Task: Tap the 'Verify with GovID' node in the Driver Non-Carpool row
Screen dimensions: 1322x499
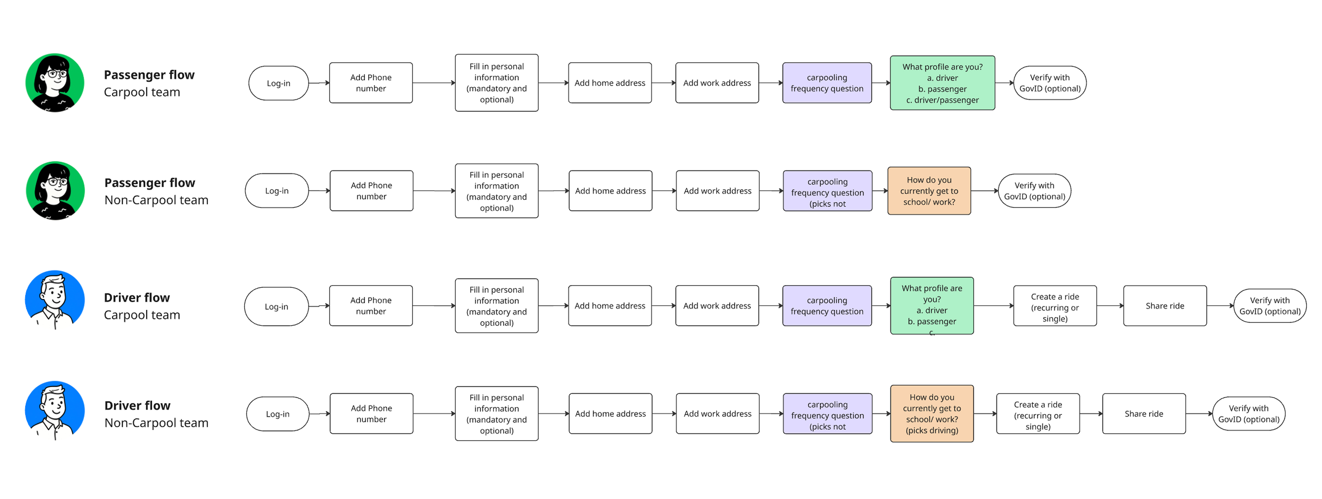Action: coord(1249,414)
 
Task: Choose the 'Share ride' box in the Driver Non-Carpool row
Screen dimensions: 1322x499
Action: coord(1144,414)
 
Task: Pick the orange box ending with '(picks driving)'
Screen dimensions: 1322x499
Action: coord(932,414)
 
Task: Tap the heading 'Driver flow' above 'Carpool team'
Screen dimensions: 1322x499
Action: coord(137,298)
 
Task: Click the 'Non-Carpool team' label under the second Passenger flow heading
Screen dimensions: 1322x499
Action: coord(157,200)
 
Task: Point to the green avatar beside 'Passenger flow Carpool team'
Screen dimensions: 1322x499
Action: coord(55,83)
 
